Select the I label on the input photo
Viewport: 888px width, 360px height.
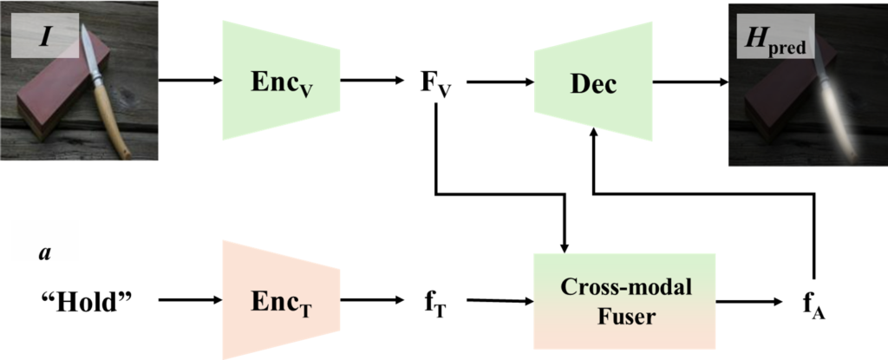[x=40, y=39]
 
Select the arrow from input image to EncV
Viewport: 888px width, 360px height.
[x=190, y=81]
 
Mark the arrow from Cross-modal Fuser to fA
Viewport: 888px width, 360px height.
[x=751, y=301]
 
